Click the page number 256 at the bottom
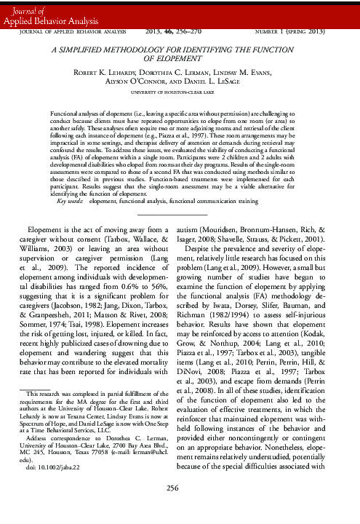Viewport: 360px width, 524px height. point(180,507)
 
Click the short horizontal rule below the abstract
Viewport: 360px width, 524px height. point(180,194)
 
